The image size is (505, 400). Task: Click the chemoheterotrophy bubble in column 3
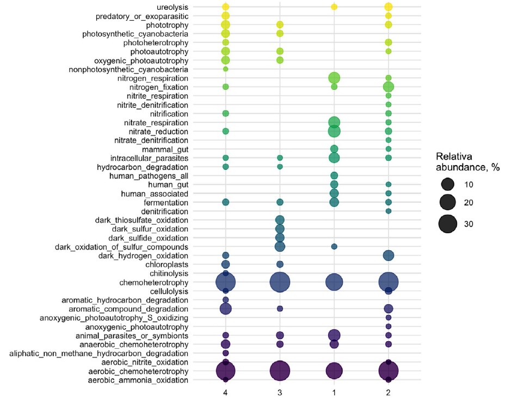click(x=280, y=282)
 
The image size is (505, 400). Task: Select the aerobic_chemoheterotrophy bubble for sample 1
click(x=334, y=371)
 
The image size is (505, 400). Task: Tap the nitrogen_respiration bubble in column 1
click(x=334, y=78)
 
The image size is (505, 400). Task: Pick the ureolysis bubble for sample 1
click(x=334, y=7)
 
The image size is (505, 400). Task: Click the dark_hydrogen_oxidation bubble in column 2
click(x=389, y=255)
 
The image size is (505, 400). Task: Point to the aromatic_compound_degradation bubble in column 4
click(x=225, y=308)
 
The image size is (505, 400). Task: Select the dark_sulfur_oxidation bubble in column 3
click(x=280, y=229)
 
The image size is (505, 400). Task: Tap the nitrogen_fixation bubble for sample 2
click(x=389, y=87)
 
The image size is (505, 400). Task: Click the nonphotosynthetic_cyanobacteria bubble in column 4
click(x=225, y=69)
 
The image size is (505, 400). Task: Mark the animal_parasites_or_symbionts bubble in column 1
click(x=334, y=335)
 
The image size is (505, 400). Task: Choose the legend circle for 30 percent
click(x=448, y=223)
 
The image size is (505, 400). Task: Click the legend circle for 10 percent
click(x=448, y=184)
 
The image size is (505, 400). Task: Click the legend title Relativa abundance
click(x=467, y=161)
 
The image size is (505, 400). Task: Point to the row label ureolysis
click(x=172, y=7)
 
